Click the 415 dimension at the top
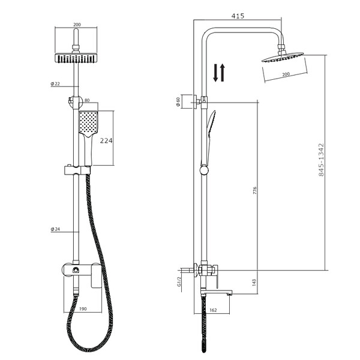[x=238, y=16]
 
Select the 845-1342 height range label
[x=321, y=160]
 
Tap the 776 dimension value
[x=254, y=191]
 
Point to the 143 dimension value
[x=254, y=283]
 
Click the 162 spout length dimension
[x=213, y=310]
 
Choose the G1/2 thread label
[x=179, y=281]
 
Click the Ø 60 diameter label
[x=178, y=102]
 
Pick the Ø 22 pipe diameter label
[x=55, y=84]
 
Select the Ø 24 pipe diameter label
[x=55, y=229]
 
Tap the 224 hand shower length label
[x=106, y=140]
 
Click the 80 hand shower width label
[x=87, y=100]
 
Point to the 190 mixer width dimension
[x=83, y=309]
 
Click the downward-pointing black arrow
[x=215, y=73]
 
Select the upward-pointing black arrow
[x=222, y=73]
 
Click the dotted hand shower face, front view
[x=88, y=122]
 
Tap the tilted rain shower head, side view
[x=283, y=58]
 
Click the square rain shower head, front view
[x=76, y=58]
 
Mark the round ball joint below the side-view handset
[x=204, y=171]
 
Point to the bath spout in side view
[x=217, y=292]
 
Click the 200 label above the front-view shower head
[x=77, y=25]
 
